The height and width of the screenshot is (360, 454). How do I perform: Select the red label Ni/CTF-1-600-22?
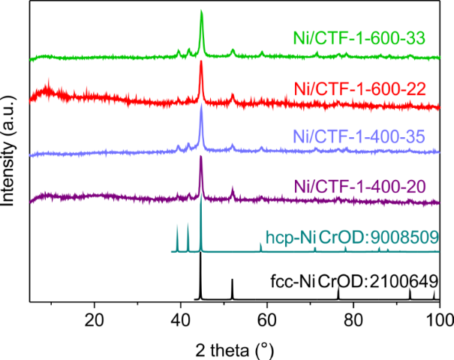(361, 89)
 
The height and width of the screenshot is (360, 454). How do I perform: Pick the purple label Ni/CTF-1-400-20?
(359, 184)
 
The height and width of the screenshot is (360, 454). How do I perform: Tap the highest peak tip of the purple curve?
(200, 156)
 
